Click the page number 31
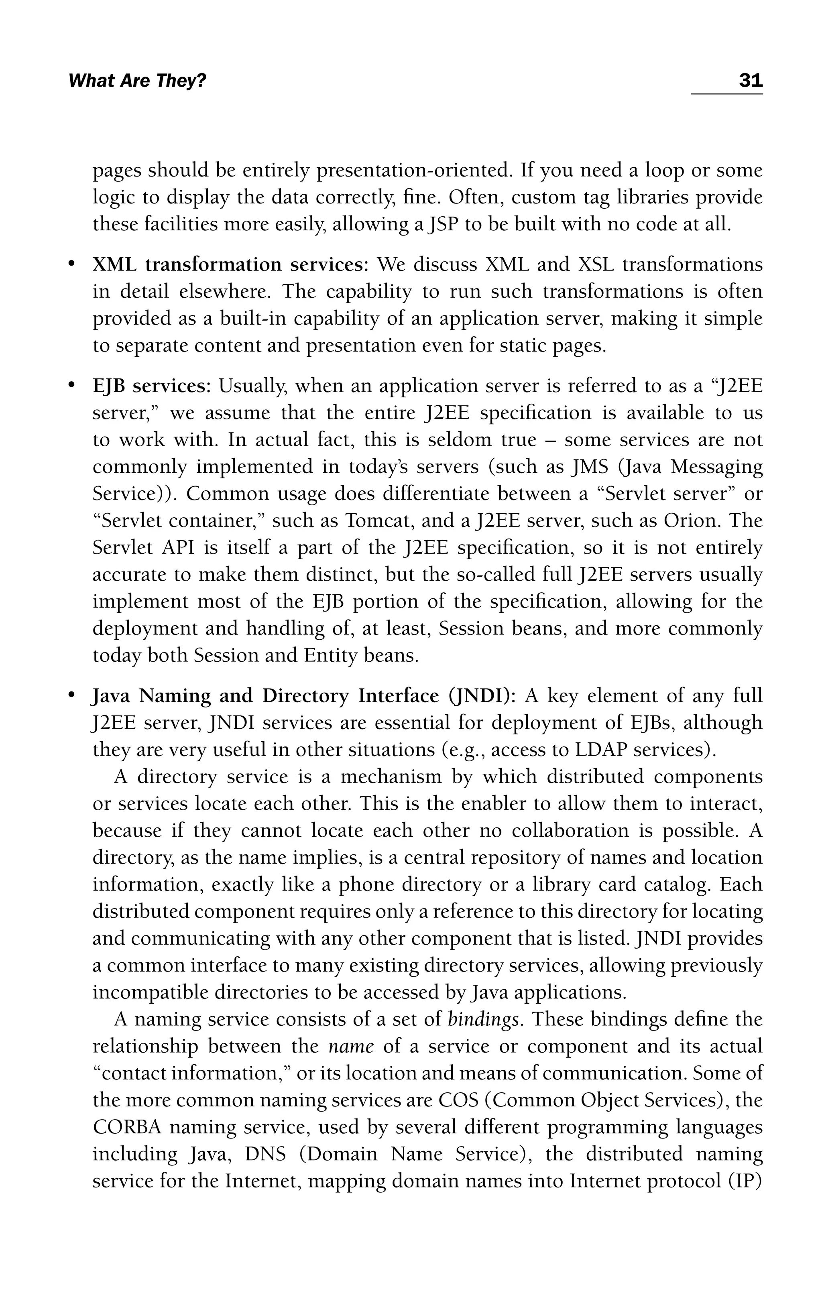click(750, 81)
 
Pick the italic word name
click(350, 1047)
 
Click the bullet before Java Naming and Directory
click(71, 696)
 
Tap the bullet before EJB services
click(71, 386)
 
